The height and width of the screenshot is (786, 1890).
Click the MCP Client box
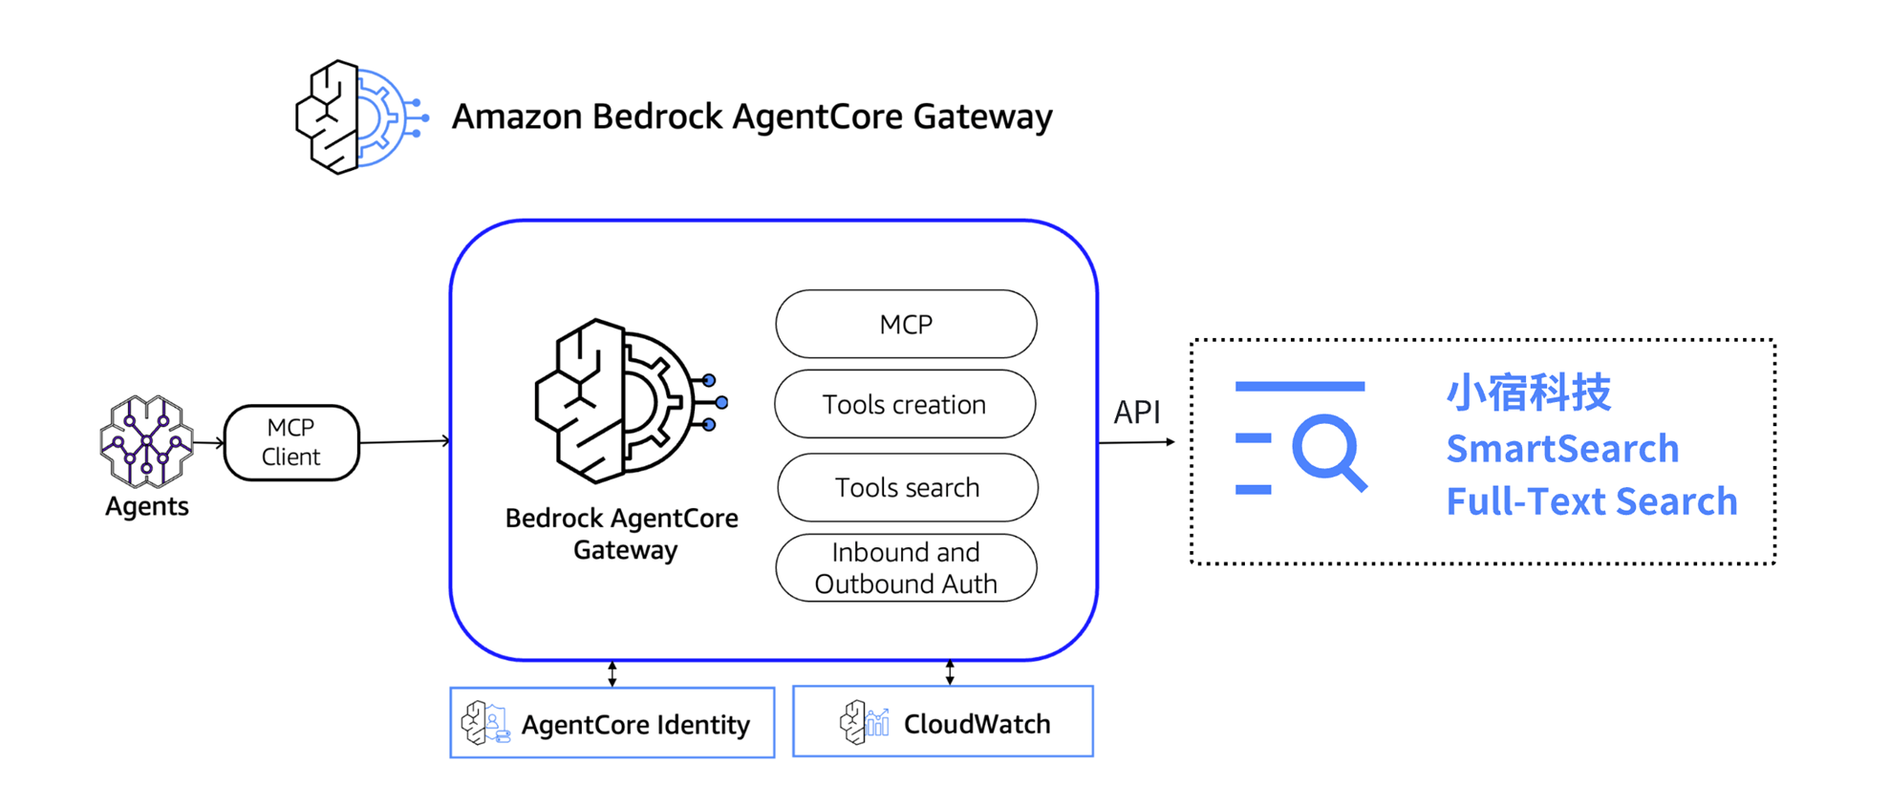291,442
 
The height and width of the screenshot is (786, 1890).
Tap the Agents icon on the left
146,441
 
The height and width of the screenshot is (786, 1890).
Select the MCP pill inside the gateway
906,325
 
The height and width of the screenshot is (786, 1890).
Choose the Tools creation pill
905,405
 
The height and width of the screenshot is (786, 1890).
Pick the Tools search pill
908,488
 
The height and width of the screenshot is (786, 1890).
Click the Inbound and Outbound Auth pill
906,568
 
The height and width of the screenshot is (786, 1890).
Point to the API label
1137,413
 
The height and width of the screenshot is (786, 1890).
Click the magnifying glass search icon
1329,452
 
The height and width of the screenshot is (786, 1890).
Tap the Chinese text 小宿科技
1528,393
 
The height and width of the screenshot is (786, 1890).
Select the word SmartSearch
1562,449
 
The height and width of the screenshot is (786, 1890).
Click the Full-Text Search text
1591,501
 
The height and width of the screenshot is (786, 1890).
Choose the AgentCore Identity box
612,723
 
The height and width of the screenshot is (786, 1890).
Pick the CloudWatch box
943,722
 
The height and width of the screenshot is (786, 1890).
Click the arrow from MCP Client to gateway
404,441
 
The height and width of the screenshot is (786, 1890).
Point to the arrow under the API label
1136,442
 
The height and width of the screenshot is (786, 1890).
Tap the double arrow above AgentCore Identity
612,673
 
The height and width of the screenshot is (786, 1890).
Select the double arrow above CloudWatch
950,672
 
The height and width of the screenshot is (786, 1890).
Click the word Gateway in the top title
982,117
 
